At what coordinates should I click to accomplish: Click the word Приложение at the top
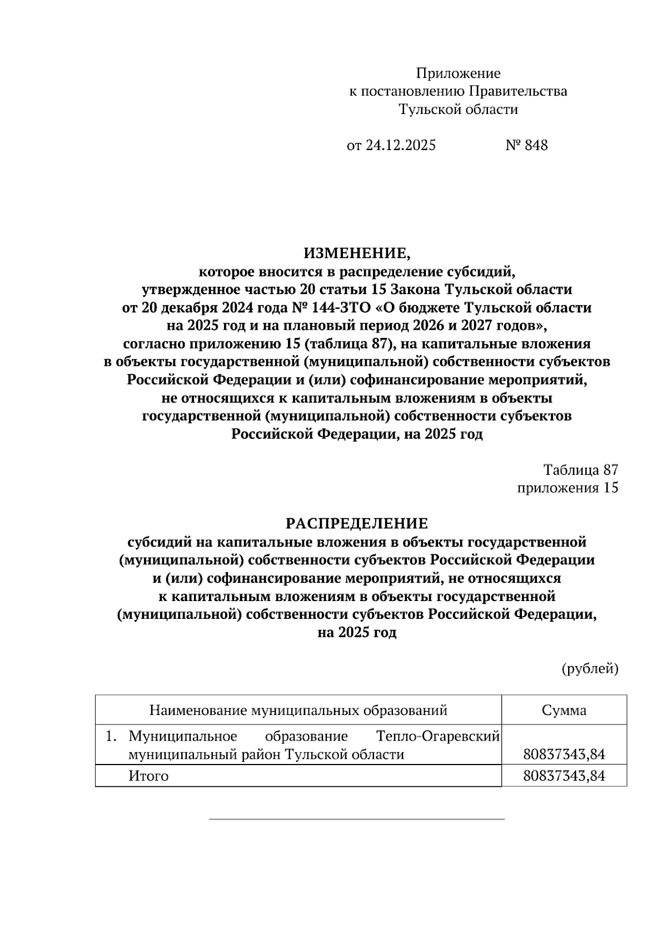tap(458, 73)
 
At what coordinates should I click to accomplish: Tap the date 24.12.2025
tap(401, 145)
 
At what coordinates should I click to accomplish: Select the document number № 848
tap(526, 145)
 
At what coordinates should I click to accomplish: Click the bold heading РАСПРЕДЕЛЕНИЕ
tap(357, 524)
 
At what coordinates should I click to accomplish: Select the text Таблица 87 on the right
tap(580, 470)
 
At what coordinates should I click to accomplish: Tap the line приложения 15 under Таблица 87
tap(567, 488)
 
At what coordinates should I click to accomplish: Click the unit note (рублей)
tap(590, 668)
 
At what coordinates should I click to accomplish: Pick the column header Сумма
tap(564, 710)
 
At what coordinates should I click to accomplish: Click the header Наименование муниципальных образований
tap(298, 710)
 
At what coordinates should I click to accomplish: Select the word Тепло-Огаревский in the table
tap(438, 736)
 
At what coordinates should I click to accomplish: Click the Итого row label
tap(148, 776)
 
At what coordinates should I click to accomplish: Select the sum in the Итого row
tap(564, 776)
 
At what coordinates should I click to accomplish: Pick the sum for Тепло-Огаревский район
tap(564, 755)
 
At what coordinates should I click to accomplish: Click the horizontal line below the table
tap(357, 819)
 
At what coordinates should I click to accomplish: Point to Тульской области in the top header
tap(458, 110)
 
